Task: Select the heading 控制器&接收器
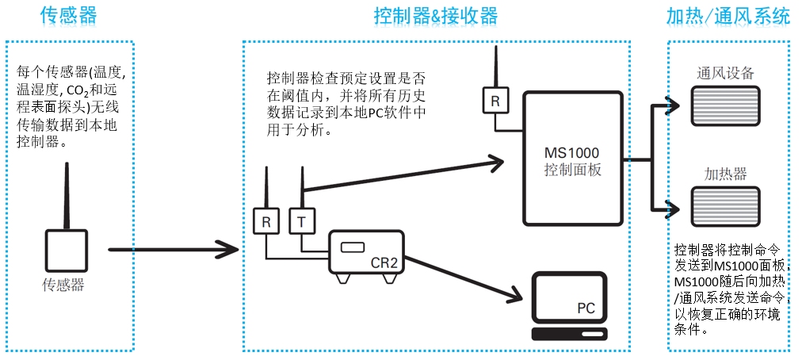click(x=436, y=16)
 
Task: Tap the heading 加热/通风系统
click(x=728, y=16)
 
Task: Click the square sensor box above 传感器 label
click(x=66, y=250)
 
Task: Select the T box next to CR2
click(x=301, y=221)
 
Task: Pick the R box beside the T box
click(x=266, y=221)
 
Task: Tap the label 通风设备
click(x=725, y=73)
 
